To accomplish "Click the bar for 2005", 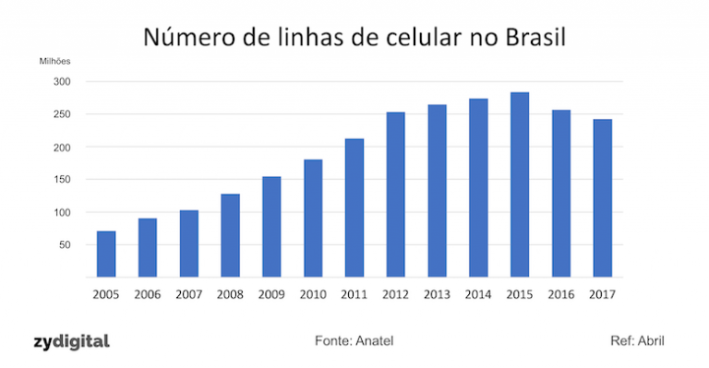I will [106, 254].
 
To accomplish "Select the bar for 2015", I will [519, 184].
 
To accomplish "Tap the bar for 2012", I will [395, 195].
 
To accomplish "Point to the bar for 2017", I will [602, 198].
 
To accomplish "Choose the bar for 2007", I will [188, 243].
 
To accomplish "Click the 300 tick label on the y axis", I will [60, 82].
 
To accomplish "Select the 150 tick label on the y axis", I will [60, 180].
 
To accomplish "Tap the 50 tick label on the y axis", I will [63, 245].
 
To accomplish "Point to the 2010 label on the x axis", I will [312, 294].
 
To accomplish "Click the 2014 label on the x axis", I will [477, 294].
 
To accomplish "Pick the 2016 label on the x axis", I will [560, 294].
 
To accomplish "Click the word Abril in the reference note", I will [650, 341].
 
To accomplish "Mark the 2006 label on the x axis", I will [147, 294].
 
